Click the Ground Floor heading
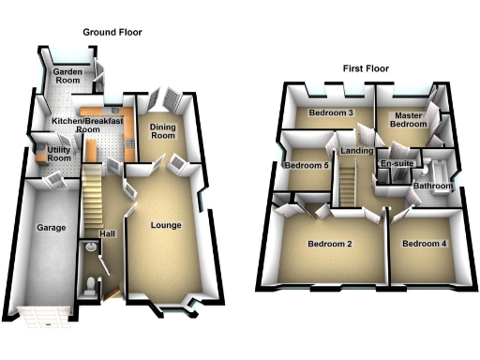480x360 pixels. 112,32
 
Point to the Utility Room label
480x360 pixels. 58,154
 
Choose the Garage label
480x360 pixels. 49,227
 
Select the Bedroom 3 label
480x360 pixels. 330,113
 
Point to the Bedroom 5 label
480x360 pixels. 307,166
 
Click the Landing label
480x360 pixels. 357,151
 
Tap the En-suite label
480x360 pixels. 396,165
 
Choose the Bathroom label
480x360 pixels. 432,187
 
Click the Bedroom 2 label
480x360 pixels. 329,245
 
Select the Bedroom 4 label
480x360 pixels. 424,245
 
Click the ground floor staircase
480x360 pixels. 91,192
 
